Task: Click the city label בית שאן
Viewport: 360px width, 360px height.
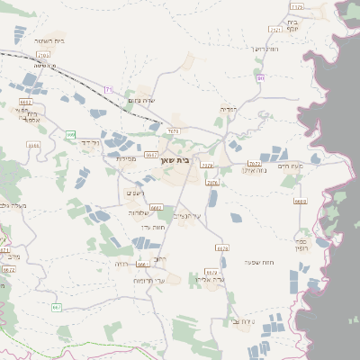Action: [x=181, y=159]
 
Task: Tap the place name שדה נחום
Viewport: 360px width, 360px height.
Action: [x=144, y=100]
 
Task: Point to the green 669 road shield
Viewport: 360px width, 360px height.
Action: [x=70, y=135]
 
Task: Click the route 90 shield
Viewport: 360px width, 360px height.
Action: [x=261, y=78]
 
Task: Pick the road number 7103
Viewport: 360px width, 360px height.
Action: [x=43, y=55]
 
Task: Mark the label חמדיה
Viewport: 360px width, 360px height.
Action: [x=229, y=109]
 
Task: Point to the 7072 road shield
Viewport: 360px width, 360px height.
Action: [x=254, y=164]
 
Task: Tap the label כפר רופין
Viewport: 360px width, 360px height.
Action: [x=301, y=244]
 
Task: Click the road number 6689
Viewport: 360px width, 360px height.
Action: [x=300, y=202]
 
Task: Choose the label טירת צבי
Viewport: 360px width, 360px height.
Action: [x=242, y=321]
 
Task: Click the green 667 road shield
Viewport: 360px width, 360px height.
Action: [x=58, y=308]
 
